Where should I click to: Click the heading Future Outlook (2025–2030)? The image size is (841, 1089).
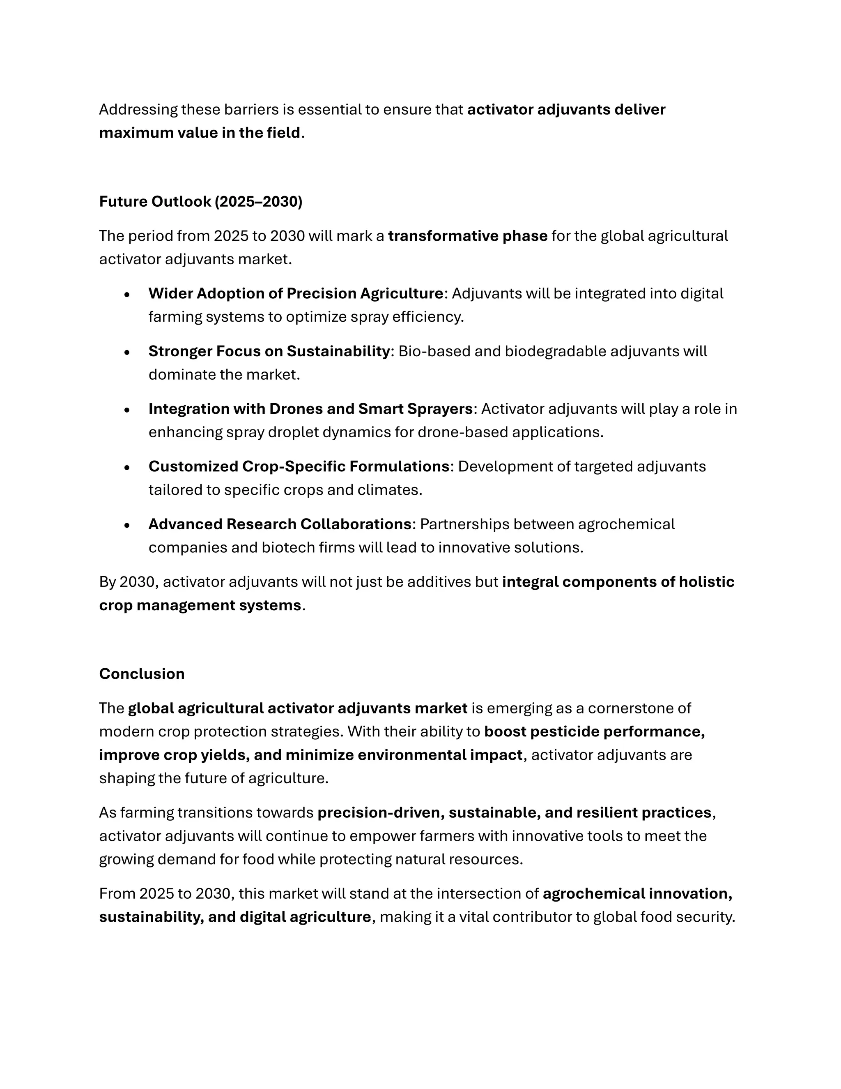tap(200, 201)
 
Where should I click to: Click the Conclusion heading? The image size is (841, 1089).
tap(142, 674)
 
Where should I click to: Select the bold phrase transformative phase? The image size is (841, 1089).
tap(467, 236)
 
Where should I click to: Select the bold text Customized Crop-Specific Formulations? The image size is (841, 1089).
tap(299, 467)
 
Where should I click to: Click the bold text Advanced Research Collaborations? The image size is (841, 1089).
tap(280, 524)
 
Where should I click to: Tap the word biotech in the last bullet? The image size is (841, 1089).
tap(282, 547)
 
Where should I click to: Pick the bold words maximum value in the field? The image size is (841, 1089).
tap(199, 133)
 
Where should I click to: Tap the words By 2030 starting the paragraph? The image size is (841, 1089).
tap(129, 582)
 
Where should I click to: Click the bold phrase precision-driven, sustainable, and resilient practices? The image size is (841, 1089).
tap(514, 813)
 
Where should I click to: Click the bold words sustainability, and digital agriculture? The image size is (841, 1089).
tap(234, 917)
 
